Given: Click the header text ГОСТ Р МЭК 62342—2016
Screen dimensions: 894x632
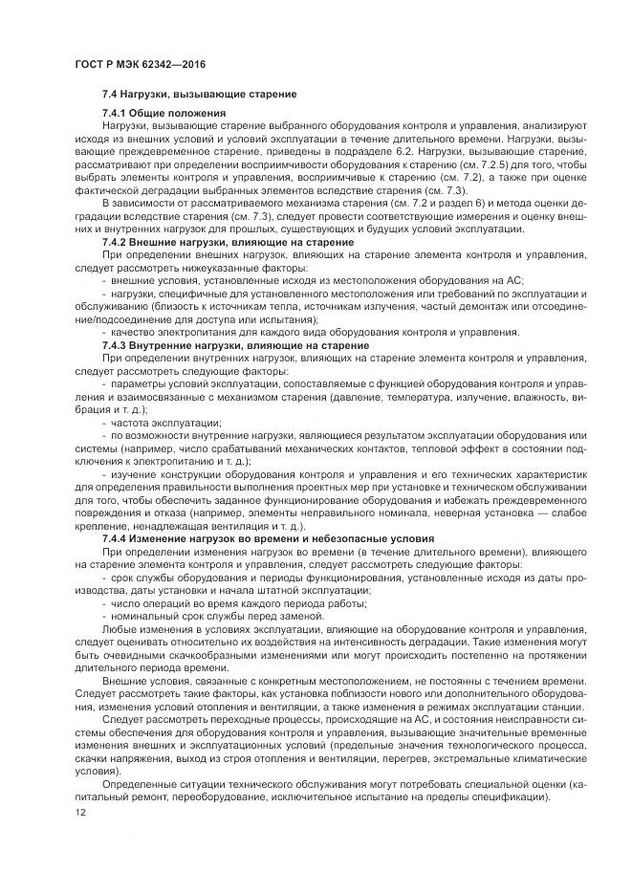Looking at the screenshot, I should [x=141, y=62].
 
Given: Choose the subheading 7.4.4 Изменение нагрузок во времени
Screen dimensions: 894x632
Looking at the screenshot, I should [x=269, y=538].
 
